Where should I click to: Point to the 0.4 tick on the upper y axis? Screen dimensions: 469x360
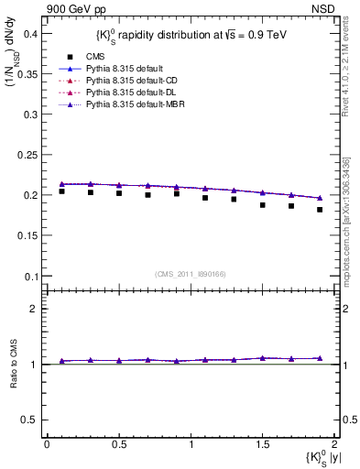[30, 33]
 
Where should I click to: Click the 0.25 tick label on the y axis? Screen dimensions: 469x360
[27, 155]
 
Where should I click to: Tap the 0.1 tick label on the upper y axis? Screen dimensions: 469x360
[30, 277]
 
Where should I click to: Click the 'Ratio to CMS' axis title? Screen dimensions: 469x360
[13, 364]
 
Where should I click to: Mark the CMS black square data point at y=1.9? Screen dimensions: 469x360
[320, 210]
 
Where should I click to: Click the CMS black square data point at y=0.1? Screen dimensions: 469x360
[61, 191]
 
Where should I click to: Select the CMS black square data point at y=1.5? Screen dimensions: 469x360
[262, 205]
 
